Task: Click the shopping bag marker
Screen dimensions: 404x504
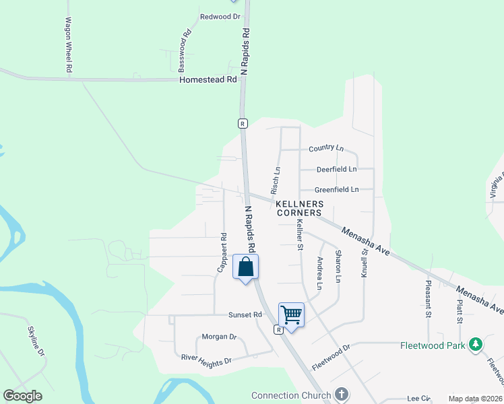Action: tap(246, 267)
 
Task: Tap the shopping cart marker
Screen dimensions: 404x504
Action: tap(291, 314)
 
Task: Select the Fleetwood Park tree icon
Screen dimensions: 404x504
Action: tap(476, 345)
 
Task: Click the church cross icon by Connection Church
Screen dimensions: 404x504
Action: tap(341, 395)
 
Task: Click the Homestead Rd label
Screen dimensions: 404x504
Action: tap(208, 79)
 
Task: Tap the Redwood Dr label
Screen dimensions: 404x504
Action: tap(220, 16)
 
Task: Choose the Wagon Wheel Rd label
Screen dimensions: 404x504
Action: tap(69, 46)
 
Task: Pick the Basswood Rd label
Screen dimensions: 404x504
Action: tap(183, 51)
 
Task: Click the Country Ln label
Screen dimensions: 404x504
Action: tap(326, 148)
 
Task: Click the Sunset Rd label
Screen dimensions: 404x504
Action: tap(245, 314)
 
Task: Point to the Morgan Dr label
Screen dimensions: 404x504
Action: tap(220, 336)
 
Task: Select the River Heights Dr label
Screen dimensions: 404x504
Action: tap(206, 358)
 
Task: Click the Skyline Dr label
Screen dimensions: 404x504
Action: tap(36, 341)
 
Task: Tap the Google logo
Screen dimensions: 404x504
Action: tap(22, 396)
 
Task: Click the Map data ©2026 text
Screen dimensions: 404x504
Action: tap(475, 399)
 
